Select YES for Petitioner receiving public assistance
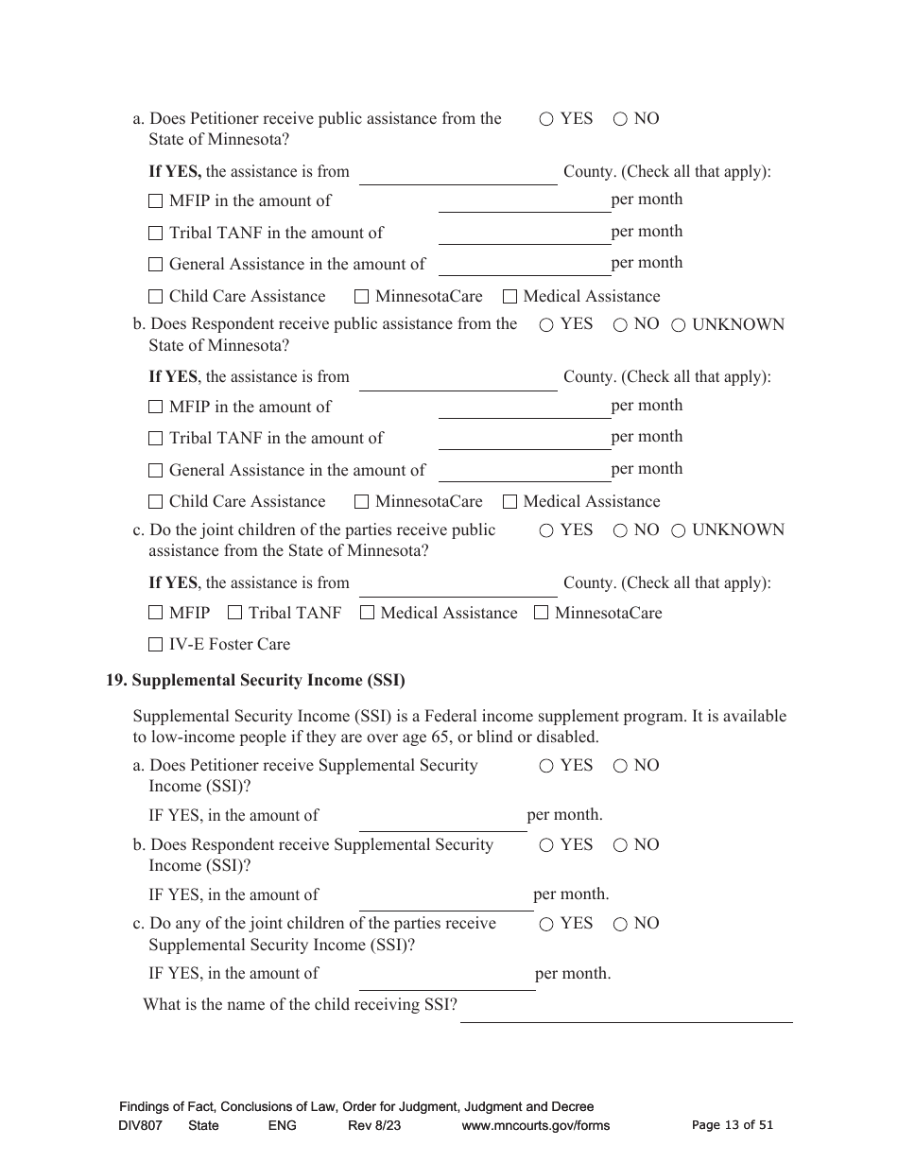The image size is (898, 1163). click(x=546, y=119)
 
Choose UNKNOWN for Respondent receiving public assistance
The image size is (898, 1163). click(x=678, y=325)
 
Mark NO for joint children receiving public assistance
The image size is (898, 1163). click(x=620, y=530)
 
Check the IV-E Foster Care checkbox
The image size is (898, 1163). click(x=156, y=645)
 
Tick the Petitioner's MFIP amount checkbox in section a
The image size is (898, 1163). click(x=156, y=201)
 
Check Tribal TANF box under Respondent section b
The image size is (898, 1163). click(x=156, y=439)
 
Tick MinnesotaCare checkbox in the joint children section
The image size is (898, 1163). click(x=541, y=613)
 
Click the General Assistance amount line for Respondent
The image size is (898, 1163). click(x=525, y=471)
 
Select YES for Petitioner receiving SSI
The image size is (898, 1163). click(x=546, y=766)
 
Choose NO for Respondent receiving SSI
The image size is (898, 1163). click(x=620, y=845)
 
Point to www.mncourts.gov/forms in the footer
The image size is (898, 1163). click(x=536, y=1125)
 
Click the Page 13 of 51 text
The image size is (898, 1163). click(x=733, y=1125)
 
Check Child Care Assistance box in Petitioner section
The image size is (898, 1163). click(x=156, y=297)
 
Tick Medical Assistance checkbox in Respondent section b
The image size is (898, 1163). click(x=510, y=502)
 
